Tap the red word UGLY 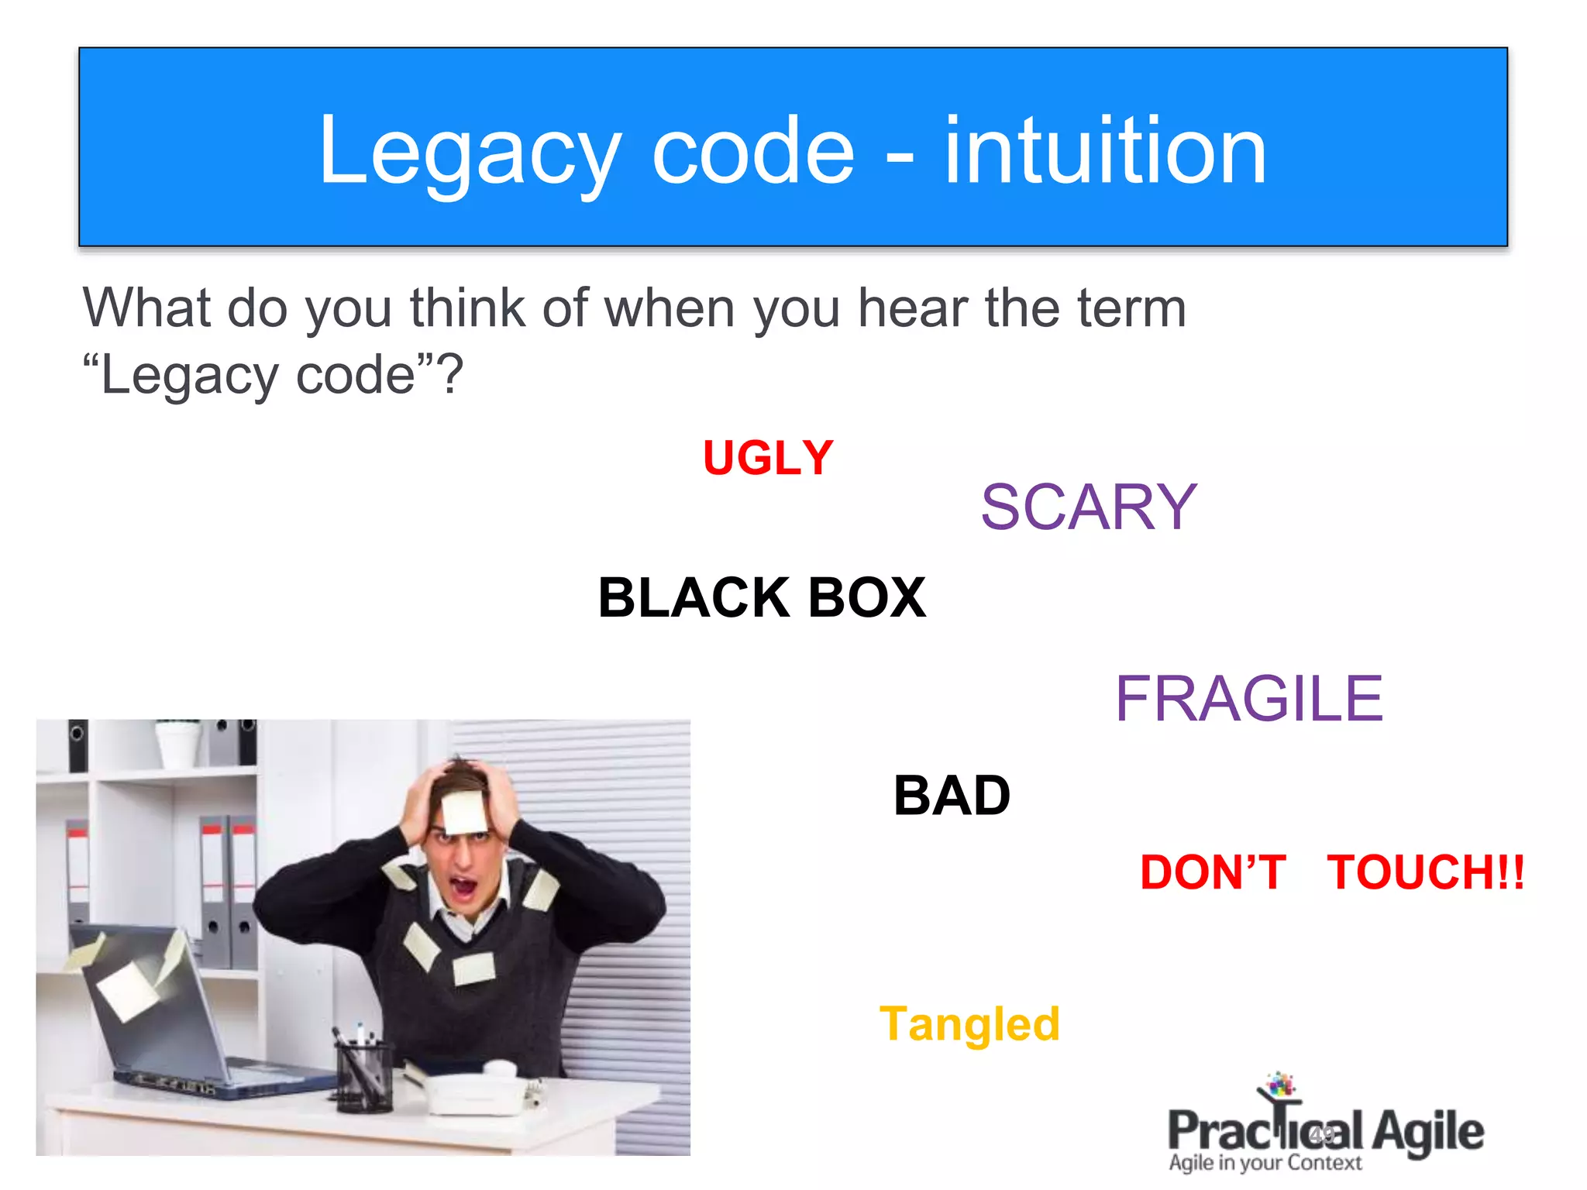pos(768,458)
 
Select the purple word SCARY pos(1089,507)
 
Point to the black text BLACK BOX pos(762,598)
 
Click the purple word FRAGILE pos(1248,699)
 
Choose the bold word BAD pos(952,796)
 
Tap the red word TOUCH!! pos(1425,872)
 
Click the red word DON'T pos(1213,872)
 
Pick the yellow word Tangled pos(969,1024)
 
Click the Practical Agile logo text pos(1325,1131)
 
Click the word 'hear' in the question pos(912,308)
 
